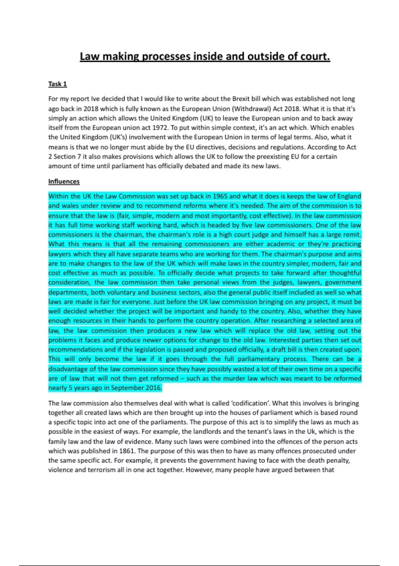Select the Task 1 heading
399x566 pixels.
pyautogui.click(x=58, y=84)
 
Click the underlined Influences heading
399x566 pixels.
pyautogui.click(x=64, y=181)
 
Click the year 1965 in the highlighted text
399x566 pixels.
pyautogui.click(x=220, y=196)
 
